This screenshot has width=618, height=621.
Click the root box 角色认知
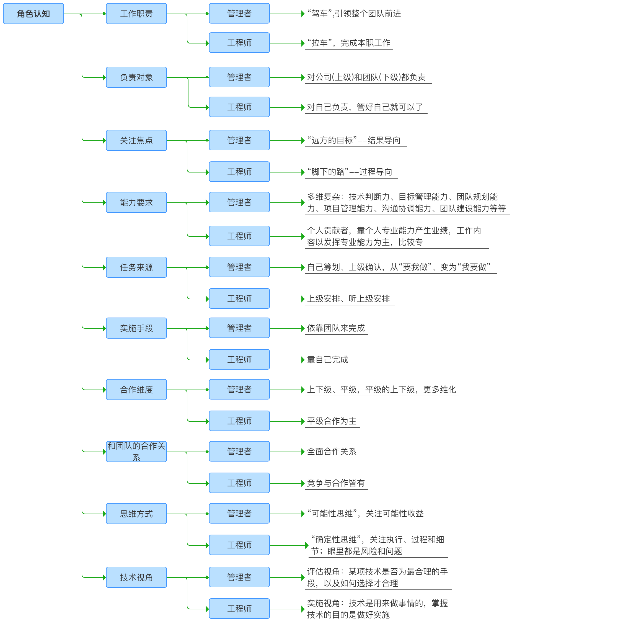33,14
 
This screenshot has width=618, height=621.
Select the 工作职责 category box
136,14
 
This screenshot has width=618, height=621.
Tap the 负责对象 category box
136,77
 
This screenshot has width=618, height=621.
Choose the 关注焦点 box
136,140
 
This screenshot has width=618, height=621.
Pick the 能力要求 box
136,202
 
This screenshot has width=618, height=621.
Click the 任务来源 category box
136,267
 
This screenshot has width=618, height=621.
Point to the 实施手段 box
136,328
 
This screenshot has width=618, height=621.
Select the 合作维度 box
136,390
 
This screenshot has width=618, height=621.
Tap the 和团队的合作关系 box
136,452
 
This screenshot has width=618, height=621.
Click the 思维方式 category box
136,514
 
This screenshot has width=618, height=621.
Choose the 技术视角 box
136,577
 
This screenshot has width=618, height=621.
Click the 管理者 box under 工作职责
239,14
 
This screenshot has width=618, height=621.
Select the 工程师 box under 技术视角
239,609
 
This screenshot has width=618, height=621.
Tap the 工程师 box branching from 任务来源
239,299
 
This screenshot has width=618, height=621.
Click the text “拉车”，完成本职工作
349,43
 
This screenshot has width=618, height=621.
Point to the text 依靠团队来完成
336,328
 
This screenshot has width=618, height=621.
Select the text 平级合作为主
332,421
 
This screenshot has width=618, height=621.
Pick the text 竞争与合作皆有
336,483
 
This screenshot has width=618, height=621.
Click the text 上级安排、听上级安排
348,299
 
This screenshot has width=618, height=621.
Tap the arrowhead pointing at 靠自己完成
303,360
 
